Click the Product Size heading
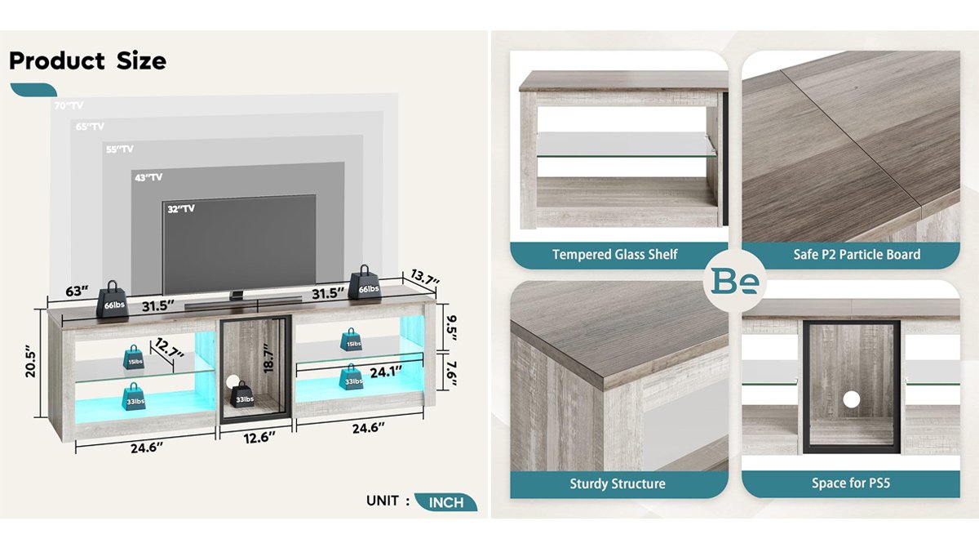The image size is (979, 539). (x=87, y=61)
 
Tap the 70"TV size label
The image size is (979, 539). (x=69, y=106)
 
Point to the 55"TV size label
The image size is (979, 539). (x=119, y=149)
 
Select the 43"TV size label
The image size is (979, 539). (x=148, y=177)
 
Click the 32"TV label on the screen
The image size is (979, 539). (x=181, y=209)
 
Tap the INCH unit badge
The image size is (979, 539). (x=445, y=501)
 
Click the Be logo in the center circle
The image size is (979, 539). (x=736, y=281)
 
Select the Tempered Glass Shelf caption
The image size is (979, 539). (x=614, y=255)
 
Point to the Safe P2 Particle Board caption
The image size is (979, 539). (x=857, y=255)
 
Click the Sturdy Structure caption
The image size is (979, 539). (x=617, y=484)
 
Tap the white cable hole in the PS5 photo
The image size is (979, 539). (x=851, y=399)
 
